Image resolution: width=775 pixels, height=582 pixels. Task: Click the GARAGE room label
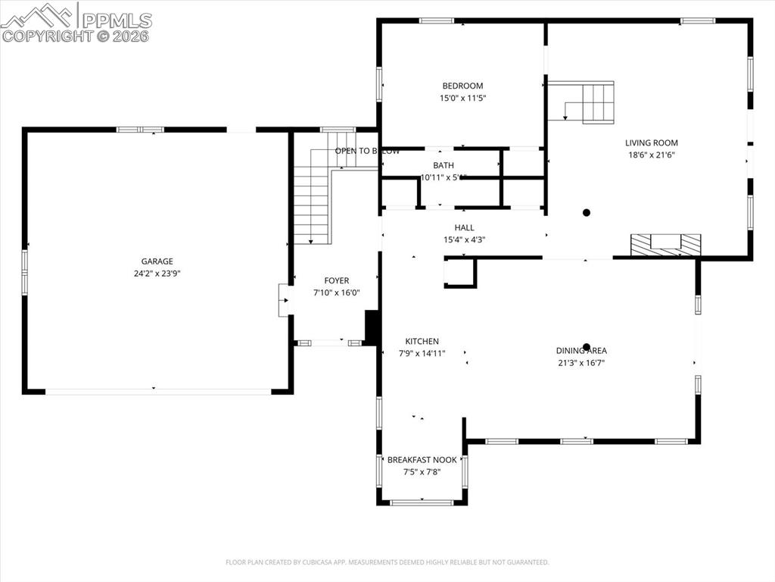click(157, 261)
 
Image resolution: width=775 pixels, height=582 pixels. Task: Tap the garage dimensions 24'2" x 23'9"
click(157, 274)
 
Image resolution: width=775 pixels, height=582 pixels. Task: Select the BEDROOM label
click(462, 86)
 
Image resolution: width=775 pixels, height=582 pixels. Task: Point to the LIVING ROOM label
click(651, 142)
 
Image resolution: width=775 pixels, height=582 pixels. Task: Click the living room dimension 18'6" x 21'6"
click(651, 155)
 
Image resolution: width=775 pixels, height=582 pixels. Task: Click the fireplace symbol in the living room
click(666, 245)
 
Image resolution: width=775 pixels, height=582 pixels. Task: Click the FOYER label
click(337, 280)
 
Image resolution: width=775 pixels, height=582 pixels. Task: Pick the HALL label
click(464, 227)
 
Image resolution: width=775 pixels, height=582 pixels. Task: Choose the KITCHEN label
click(422, 341)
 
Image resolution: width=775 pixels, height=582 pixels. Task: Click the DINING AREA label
click(581, 350)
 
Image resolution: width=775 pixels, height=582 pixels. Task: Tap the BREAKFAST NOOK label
click(422, 459)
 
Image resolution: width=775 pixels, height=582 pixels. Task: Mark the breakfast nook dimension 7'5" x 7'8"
click(422, 471)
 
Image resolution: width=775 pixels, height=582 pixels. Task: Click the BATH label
click(444, 165)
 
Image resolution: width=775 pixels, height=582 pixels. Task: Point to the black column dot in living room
click(586, 213)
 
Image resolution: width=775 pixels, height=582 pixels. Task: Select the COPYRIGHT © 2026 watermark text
click(76, 36)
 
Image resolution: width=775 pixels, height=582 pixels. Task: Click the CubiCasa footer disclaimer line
click(387, 562)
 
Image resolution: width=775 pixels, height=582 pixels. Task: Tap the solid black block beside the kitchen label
click(372, 327)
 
